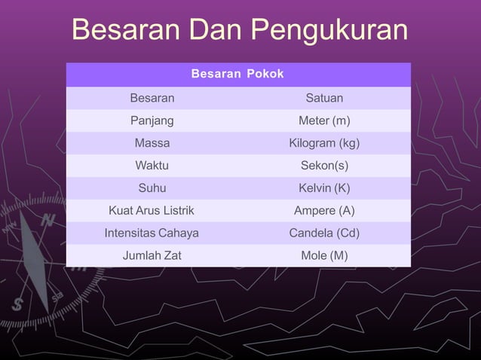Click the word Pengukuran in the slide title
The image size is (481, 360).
[329, 32]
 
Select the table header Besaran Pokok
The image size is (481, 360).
[237, 75]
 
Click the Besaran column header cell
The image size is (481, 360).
[152, 98]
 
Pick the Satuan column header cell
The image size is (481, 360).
[324, 98]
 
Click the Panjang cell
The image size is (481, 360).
[152, 121]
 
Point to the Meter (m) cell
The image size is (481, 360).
[324, 121]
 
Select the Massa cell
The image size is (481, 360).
[152, 143]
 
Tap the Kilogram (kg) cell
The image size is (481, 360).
[324, 143]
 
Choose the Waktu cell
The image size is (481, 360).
[152, 166]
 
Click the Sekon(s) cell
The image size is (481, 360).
[324, 166]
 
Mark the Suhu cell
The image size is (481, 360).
[152, 188]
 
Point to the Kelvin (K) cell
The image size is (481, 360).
[324, 188]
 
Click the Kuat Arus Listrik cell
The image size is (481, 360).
[152, 210]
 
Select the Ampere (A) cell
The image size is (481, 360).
[324, 210]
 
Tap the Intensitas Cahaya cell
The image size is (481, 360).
[152, 233]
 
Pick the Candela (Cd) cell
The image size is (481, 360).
[324, 233]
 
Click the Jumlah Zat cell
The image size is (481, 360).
[152, 255]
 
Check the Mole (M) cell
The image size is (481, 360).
[324, 255]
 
